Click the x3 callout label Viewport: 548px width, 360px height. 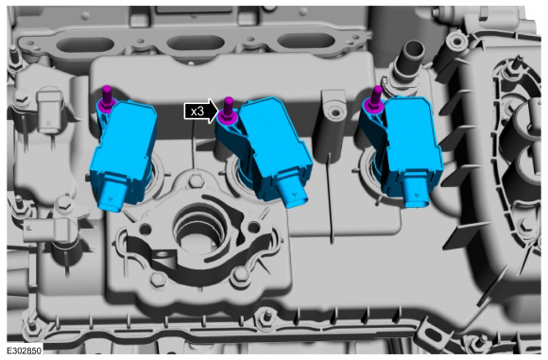click(x=197, y=111)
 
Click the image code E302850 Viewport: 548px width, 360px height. click(x=24, y=351)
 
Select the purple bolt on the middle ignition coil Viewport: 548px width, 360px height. click(x=228, y=111)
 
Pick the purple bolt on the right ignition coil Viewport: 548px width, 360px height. click(x=375, y=100)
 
